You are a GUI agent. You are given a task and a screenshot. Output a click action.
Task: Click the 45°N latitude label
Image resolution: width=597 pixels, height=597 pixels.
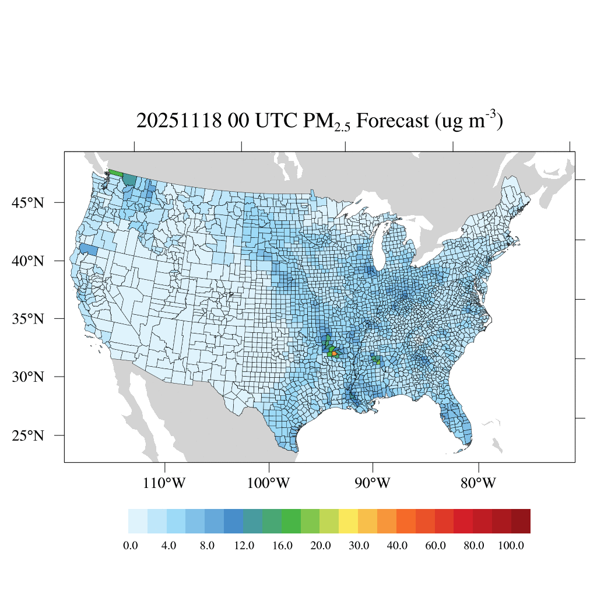[x=27, y=203]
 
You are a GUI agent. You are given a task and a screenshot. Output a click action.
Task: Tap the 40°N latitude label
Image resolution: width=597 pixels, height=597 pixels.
[x=27, y=261]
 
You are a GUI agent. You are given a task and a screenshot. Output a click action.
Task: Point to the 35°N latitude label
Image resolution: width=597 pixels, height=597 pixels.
[x=27, y=319]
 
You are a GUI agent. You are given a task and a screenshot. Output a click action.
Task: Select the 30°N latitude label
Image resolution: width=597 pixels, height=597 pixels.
[x=27, y=377]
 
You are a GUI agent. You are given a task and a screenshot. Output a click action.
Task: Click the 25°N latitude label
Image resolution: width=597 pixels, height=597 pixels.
[x=27, y=436]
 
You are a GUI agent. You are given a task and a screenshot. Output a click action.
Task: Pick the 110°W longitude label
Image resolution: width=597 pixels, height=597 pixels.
[x=165, y=483]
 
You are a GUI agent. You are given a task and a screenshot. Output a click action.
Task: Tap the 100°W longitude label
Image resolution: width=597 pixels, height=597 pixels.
[x=269, y=483]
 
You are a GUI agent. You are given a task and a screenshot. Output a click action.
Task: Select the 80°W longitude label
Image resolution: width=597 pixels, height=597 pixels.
[x=479, y=483]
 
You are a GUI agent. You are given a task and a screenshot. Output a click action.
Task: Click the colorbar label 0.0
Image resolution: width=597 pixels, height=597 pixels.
[x=131, y=546]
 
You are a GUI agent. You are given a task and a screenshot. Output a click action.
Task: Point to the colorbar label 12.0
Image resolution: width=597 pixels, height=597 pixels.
[x=244, y=546]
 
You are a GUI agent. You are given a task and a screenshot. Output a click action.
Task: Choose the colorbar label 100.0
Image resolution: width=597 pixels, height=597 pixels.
[x=512, y=546]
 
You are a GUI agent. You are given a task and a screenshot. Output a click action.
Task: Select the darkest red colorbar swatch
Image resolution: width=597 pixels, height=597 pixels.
[x=521, y=521]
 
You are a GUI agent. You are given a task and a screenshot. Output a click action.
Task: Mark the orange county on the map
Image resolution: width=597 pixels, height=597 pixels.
[x=334, y=353]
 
